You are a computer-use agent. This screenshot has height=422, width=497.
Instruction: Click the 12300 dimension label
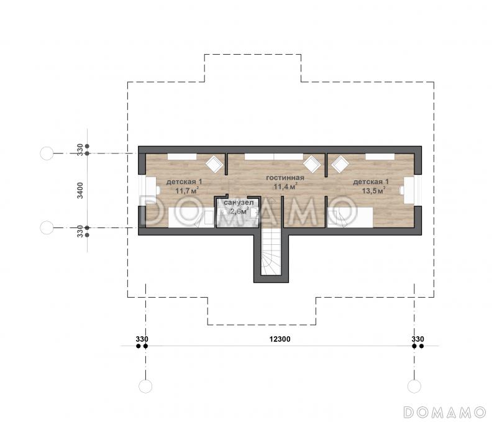(280, 339)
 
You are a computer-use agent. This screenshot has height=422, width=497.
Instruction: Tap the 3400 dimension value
(80, 190)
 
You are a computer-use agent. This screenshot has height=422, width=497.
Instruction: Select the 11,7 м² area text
(187, 191)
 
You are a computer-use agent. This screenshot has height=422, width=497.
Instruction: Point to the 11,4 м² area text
(285, 186)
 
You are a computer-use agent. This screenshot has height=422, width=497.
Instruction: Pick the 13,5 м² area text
(373, 191)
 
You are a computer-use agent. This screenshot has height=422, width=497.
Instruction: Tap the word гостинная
(285, 178)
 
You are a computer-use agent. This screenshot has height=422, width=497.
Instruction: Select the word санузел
(239, 202)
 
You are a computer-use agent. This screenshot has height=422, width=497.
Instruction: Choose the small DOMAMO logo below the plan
(445, 412)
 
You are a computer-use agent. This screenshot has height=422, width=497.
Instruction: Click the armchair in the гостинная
(312, 164)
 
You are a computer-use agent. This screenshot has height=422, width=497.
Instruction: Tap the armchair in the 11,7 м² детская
(214, 164)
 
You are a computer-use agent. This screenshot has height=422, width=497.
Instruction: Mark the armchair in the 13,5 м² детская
(340, 164)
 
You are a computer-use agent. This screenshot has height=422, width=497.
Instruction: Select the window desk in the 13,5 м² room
(409, 190)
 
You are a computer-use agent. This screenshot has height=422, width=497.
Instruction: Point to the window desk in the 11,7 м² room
(151, 190)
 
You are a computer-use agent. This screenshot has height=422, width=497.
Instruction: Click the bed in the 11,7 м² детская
(191, 217)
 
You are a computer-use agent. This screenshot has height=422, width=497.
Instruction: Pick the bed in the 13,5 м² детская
(350, 217)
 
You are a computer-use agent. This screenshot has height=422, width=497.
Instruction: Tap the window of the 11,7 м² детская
(142, 190)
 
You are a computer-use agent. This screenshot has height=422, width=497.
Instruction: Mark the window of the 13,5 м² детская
(418, 190)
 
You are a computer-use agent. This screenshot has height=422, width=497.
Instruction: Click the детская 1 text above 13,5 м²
(370, 182)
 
